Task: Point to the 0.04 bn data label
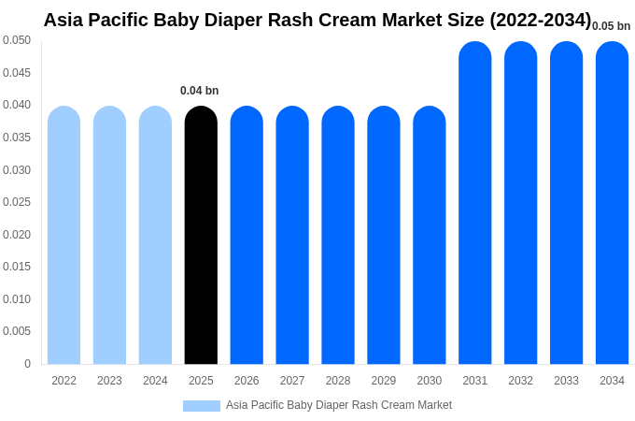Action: tap(199, 91)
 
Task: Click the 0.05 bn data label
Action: tap(611, 26)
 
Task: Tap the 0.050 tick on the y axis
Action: tap(17, 40)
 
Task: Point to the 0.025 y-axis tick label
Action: tap(17, 202)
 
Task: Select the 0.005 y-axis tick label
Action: tap(17, 331)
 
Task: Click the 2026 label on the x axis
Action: tap(247, 381)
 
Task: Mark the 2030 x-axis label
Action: tap(430, 381)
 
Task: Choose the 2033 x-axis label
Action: tap(566, 381)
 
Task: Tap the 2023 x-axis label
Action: tap(109, 381)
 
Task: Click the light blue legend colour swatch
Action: tap(202, 406)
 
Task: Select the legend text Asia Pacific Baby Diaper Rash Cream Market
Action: tap(339, 405)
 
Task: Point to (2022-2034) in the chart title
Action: tap(540, 20)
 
